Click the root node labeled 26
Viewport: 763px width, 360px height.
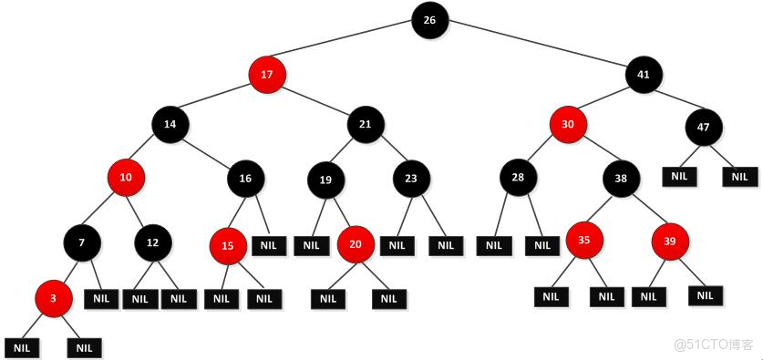point(429,19)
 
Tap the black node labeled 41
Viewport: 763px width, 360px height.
point(643,73)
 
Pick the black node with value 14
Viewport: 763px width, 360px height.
point(170,123)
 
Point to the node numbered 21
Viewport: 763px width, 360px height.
point(365,123)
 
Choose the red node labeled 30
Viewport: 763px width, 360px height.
point(568,124)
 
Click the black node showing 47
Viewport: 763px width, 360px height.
point(703,127)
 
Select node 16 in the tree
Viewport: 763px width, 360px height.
point(245,178)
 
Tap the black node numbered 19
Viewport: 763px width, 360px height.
point(325,180)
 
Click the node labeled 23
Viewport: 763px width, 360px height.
point(412,180)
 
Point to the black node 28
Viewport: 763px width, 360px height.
point(518,177)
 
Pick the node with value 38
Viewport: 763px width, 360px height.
point(620,180)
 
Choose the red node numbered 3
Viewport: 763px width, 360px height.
point(54,298)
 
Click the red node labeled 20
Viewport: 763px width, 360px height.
point(356,243)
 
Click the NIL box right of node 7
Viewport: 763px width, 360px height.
point(102,298)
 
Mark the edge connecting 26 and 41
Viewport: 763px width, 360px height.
point(538,46)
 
